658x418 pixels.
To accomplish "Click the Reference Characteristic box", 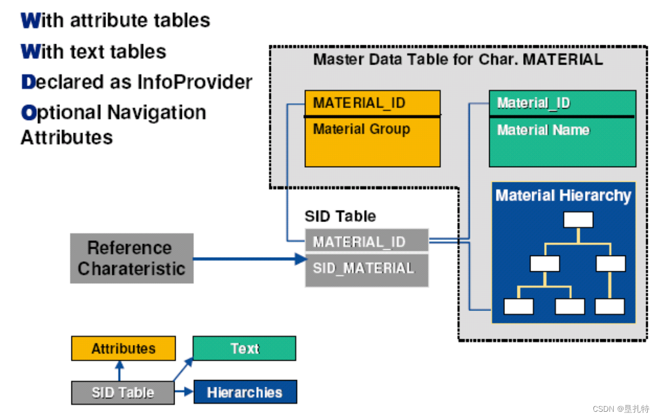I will click(131, 258).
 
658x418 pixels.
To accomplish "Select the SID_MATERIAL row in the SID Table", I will click(366, 268).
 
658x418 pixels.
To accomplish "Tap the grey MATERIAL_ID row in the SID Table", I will click(366, 241).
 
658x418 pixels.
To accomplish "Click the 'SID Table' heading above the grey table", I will click(340, 216).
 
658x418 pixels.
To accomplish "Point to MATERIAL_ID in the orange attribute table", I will click(359, 103).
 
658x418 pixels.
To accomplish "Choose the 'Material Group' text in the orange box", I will click(362, 129).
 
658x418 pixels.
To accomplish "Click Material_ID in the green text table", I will click(533, 103).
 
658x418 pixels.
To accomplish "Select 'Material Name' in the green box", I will click(543, 130).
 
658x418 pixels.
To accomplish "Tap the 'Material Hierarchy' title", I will click(563, 195).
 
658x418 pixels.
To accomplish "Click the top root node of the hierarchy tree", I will click(578, 220).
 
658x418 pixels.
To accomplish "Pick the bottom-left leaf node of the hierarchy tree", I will click(519, 306).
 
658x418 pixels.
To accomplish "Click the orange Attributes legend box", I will click(123, 348).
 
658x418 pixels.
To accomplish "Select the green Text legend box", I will click(244, 348).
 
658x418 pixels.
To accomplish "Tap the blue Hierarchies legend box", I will click(245, 392).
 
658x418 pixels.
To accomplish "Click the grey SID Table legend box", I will click(123, 393).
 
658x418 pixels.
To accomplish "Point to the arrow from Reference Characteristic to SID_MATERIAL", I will click(249, 259).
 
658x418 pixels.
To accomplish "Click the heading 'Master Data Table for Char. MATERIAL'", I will click(458, 59).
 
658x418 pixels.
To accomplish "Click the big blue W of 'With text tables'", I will click(29, 52).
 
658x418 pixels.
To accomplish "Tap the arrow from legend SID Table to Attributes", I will click(119, 371).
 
